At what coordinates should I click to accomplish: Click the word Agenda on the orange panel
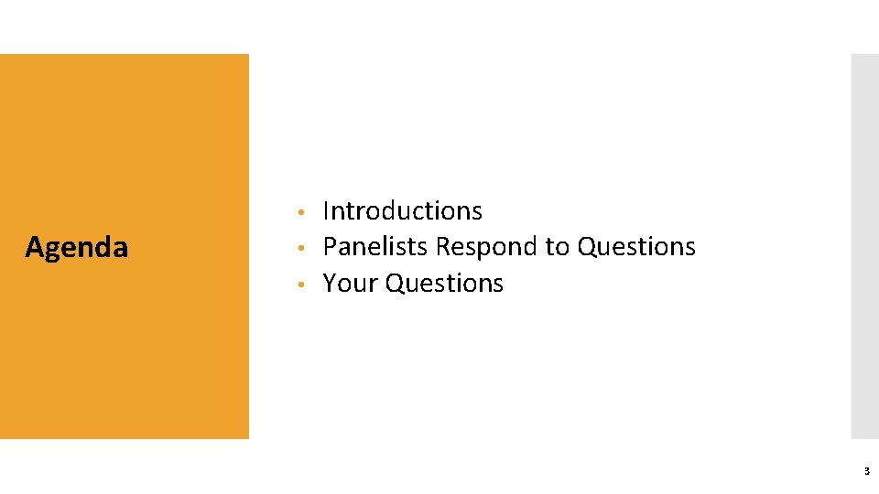pyautogui.click(x=76, y=247)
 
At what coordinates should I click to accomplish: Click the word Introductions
pyautogui.click(x=402, y=210)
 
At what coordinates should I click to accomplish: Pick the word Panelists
pyautogui.click(x=375, y=247)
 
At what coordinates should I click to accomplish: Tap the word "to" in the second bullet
pyautogui.click(x=557, y=247)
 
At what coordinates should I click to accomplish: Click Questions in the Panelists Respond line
pyautogui.click(x=635, y=247)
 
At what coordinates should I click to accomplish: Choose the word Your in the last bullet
pyautogui.click(x=351, y=284)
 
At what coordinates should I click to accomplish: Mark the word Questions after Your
pyautogui.click(x=444, y=284)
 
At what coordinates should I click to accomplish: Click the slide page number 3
pyautogui.click(x=865, y=471)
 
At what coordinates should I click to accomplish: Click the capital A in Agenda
pyautogui.click(x=34, y=247)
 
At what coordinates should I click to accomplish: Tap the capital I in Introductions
pyautogui.click(x=327, y=210)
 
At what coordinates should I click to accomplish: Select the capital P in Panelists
pyautogui.click(x=330, y=247)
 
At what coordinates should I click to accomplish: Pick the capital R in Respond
pyautogui.click(x=442, y=247)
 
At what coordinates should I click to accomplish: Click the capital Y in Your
pyautogui.click(x=331, y=284)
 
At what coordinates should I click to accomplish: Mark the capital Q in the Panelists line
pyautogui.click(x=586, y=247)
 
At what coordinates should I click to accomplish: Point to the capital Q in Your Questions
pyautogui.click(x=395, y=284)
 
